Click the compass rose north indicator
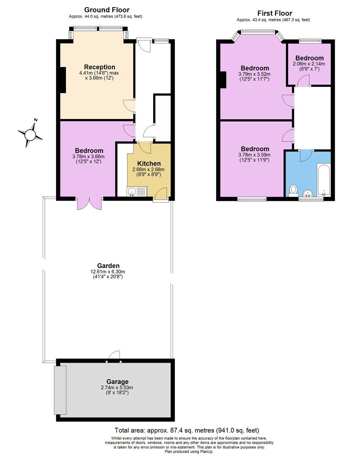point(31,134)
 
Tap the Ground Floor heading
point(107,10)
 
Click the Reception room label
point(100,67)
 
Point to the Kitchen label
point(149,164)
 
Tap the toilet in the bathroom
point(293,191)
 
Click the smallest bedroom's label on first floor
point(309,58)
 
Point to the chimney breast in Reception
point(62,79)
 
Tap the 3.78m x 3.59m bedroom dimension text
point(255,155)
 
